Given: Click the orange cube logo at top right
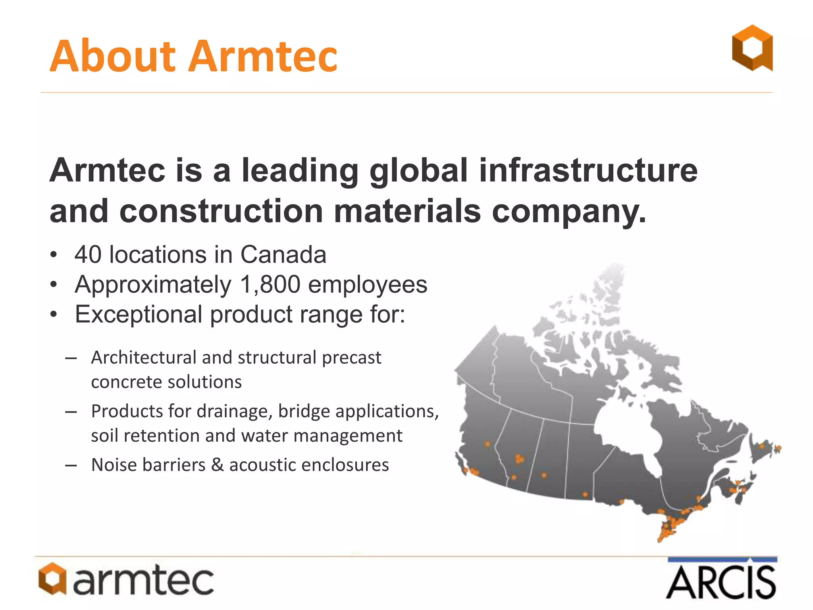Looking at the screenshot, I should [x=752, y=48].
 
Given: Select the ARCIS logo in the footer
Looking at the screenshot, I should [x=721, y=579].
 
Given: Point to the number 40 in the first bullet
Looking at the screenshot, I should [x=88, y=255].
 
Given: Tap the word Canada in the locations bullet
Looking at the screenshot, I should [x=283, y=255].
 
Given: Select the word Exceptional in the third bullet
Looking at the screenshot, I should [x=139, y=315].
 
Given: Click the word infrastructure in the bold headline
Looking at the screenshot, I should [x=588, y=170].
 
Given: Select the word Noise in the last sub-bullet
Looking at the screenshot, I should [x=114, y=465].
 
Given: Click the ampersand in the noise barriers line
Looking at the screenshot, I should [x=217, y=465].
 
